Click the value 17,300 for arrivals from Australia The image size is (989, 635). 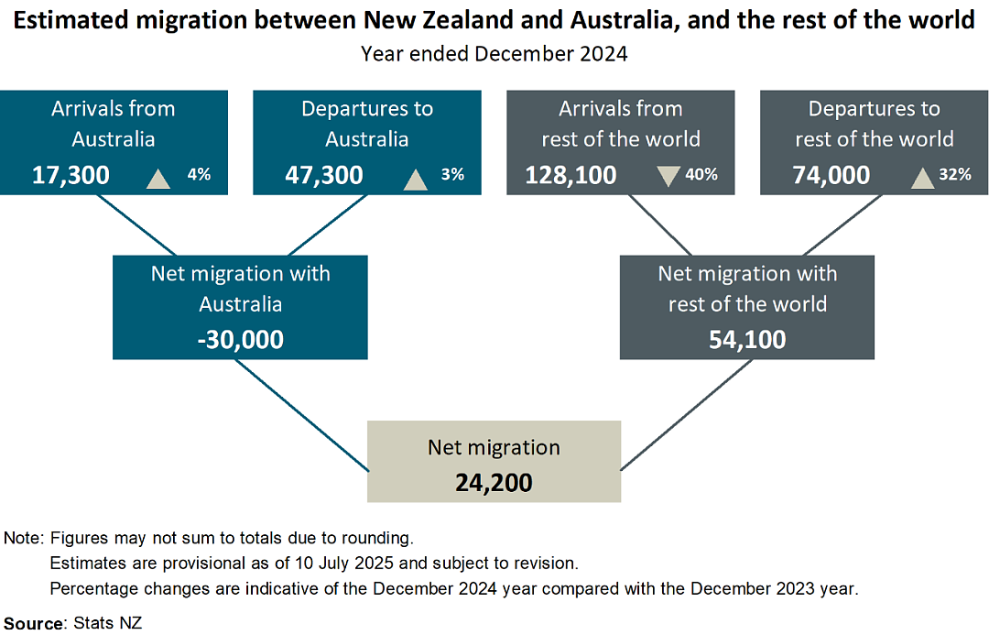71,175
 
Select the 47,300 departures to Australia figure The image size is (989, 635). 323,175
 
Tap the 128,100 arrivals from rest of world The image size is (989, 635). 571,175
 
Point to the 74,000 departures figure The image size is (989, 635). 831,175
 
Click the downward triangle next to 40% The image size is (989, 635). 668,176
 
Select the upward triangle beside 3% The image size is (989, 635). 415,179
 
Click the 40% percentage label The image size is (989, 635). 701,174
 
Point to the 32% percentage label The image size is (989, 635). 955,174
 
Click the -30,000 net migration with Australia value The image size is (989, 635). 240,340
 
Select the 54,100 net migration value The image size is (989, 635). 747,340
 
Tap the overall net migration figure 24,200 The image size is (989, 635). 494,483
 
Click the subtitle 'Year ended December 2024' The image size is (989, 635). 494,54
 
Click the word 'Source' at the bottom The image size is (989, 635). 34,624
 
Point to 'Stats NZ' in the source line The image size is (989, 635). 108,623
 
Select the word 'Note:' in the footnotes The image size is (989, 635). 24,538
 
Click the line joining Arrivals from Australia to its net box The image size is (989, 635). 136,224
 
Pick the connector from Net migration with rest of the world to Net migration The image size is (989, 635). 687,415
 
